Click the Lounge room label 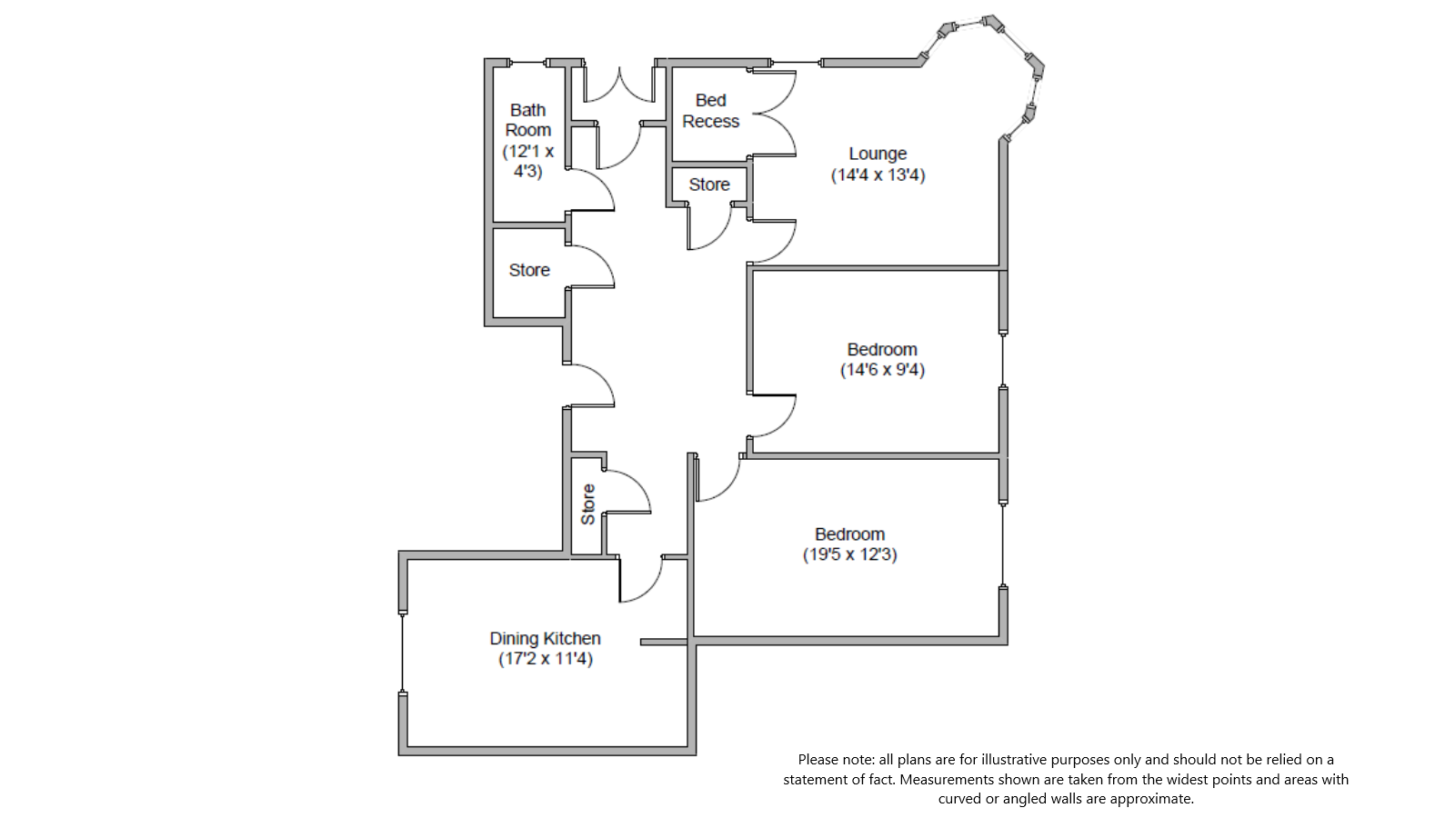tap(878, 154)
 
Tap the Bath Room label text tap(527, 120)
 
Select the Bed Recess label tap(710, 111)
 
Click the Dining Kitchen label tap(545, 638)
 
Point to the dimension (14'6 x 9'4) tap(882, 370)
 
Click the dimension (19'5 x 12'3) tap(849, 554)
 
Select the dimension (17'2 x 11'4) tap(545, 659)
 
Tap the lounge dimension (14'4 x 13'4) tap(878, 175)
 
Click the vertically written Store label tap(587, 504)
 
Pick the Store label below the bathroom tap(529, 270)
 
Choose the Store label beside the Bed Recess tap(709, 185)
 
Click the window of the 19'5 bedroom tap(1003, 545)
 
